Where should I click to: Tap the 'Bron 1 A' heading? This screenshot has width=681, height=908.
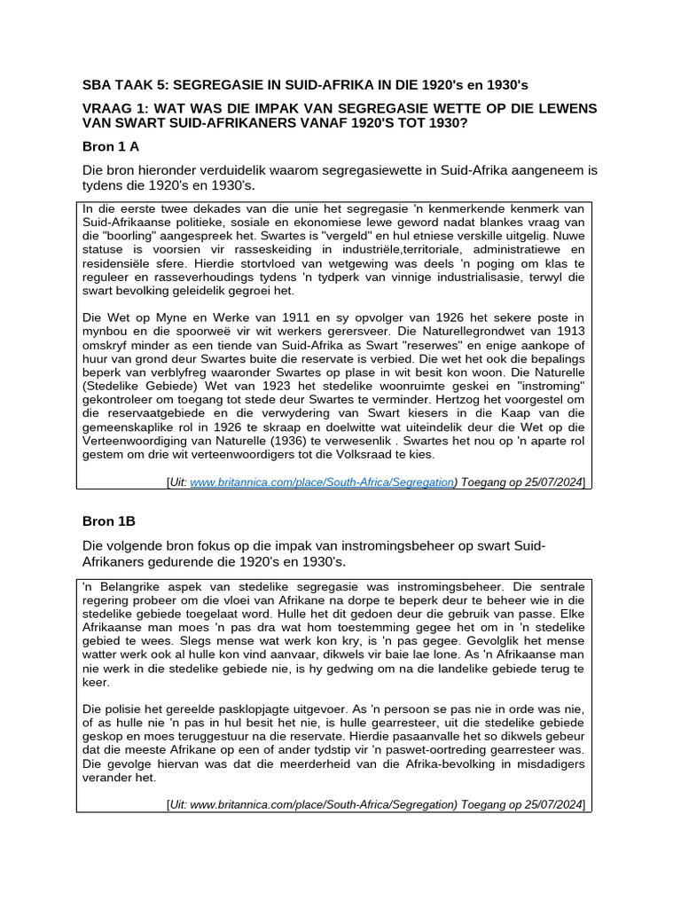[x=111, y=147]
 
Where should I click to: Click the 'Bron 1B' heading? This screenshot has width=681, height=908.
[x=109, y=521]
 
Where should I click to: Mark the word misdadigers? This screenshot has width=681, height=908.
[x=539, y=763]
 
